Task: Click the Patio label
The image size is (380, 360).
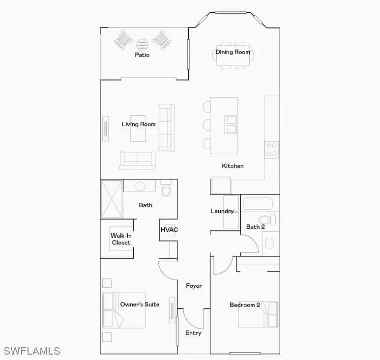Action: (142, 55)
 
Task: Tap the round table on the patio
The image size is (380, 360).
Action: (142, 45)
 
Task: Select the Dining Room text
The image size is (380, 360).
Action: (233, 52)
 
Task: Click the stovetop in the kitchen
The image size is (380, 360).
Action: (271, 150)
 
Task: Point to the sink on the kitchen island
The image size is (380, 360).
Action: (231, 125)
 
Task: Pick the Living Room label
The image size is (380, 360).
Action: (138, 124)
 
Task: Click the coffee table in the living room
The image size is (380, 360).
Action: (138, 129)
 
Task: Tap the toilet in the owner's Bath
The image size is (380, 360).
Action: (166, 188)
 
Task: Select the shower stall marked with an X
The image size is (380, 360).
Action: (112, 199)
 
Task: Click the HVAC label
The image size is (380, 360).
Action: (169, 229)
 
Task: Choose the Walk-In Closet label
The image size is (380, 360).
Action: (121, 239)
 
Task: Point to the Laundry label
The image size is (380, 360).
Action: (222, 211)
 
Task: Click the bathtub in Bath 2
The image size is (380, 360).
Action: (258, 203)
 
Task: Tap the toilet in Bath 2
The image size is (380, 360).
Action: (267, 220)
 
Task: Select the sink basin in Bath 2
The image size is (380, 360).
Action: (269, 243)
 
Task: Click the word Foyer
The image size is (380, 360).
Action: (194, 286)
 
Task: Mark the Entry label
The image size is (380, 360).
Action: (193, 333)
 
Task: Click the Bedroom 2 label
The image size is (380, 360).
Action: (245, 305)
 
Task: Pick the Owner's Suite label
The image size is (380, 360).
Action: (140, 305)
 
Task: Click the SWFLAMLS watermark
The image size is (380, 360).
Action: (32, 351)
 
